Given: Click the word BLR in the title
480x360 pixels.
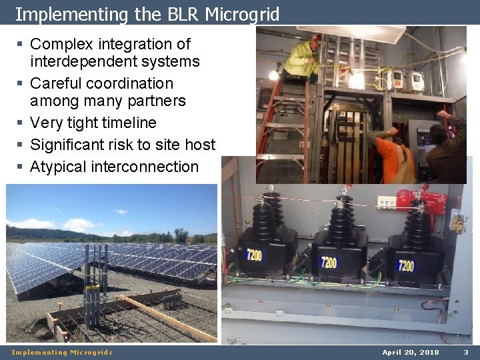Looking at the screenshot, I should point(179,14).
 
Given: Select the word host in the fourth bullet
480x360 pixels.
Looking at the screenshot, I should point(199,145).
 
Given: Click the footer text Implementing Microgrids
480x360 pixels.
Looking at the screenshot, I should point(62,352).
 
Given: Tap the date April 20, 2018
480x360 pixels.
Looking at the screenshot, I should point(410,352).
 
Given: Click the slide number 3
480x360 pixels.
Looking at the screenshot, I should point(466,352).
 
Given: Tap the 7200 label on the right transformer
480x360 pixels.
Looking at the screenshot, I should point(406,266).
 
